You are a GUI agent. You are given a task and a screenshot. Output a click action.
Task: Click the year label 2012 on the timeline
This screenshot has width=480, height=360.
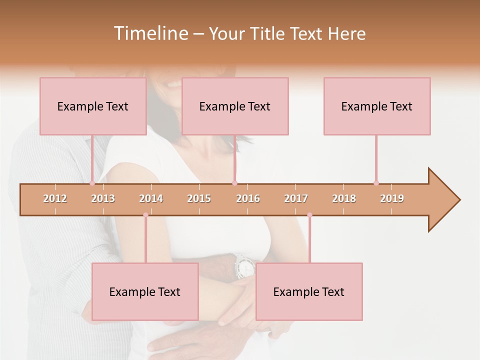pyautogui.click(x=55, y=198)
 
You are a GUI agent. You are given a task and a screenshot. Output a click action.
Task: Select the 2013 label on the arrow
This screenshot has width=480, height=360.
pyautogui.click(x=103, y=198)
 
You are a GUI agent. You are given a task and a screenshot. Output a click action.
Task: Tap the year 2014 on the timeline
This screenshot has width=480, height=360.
pyautogui.click(x=151, y=198)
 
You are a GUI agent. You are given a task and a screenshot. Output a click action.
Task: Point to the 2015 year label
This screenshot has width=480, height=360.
pyautogui.click(x=199, y=198)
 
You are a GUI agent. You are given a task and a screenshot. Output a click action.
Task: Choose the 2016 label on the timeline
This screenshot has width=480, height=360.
pyautogui.click(x=248, y=198)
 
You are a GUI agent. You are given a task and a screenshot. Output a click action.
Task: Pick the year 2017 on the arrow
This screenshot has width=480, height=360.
pyautogui.click(x=296, y=198)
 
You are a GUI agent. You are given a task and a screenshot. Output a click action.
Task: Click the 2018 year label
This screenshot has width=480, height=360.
pyautogui.click(x=344, y=198)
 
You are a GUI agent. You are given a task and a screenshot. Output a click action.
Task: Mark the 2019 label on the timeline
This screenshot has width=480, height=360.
pyautogui.click(x=392, y=198)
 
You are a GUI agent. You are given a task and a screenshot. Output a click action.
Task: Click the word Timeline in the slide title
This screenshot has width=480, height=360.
pyautogui.click(x=150, y=33)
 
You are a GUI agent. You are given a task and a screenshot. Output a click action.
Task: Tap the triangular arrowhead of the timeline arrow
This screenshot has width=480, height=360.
pyautogui.click(x=443, y=200)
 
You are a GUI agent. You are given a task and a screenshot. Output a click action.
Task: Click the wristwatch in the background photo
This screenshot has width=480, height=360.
pyautogui.click(x=244, y=266)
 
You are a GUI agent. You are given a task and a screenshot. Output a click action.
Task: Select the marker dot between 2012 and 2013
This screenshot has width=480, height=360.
pyautogui.click(x=92, y=183)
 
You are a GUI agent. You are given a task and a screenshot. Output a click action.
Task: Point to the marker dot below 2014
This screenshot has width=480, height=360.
pyautogui.click(x=145, y=215)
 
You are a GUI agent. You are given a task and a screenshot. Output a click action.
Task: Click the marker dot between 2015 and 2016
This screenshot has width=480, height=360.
pyautogui.click(x=234, y=183)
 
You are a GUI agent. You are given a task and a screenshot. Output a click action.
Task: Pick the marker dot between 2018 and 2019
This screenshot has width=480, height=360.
pyautogui.click(x=376, y=183)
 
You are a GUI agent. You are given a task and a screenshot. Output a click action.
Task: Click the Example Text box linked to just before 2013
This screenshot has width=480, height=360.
pyautogui.click(x=93, y=106)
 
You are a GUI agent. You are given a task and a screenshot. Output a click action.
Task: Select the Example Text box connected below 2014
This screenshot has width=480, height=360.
pyautogui.click(x=145, y=291)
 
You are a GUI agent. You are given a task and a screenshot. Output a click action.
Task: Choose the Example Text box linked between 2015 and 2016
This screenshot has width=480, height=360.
pyautogui.click(x=235, y=106)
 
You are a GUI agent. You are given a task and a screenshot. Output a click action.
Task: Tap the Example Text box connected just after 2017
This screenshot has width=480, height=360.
pyautogui.click(x=309, y=291)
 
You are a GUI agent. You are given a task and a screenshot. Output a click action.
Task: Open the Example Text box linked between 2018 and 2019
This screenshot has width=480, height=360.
pyautogui.click(x=377, y=106)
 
